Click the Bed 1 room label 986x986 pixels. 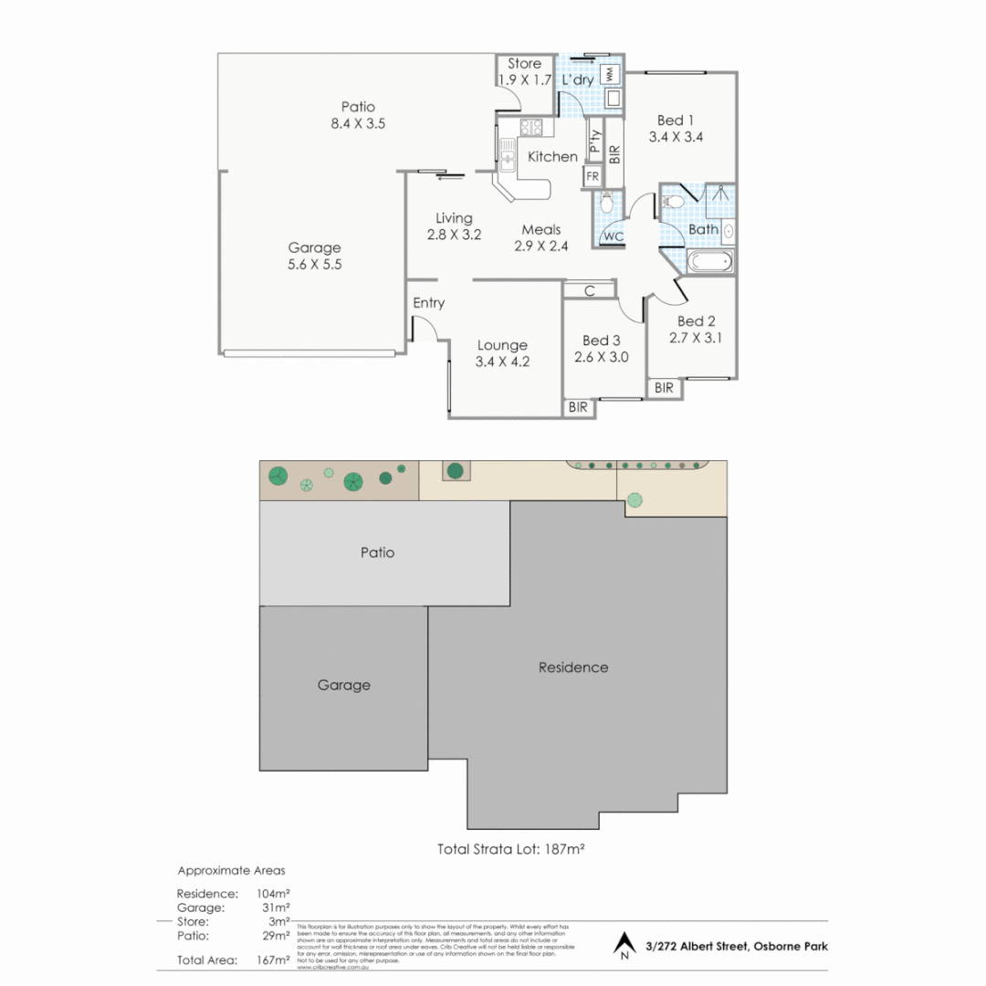coord(676,121)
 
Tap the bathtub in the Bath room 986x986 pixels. coord(709,263)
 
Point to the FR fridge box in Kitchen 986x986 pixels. coord(593,176)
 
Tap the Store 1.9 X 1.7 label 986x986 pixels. coord(524,72)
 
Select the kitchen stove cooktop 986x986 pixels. coord(530,129)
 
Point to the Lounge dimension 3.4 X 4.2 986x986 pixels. coord(502,362)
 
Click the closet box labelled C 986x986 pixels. coord(590,291)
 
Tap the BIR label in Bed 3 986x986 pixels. coord(578,408)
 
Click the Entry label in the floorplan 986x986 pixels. coord(428,303)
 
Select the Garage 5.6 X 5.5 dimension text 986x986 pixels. coord(314,264)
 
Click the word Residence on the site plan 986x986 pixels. coord(572,667)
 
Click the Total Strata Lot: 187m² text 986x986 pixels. coord(510,848)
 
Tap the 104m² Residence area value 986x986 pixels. coord(275,893)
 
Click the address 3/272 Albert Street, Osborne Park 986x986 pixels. coord(736,947)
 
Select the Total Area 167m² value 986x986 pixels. coord(275,960)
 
